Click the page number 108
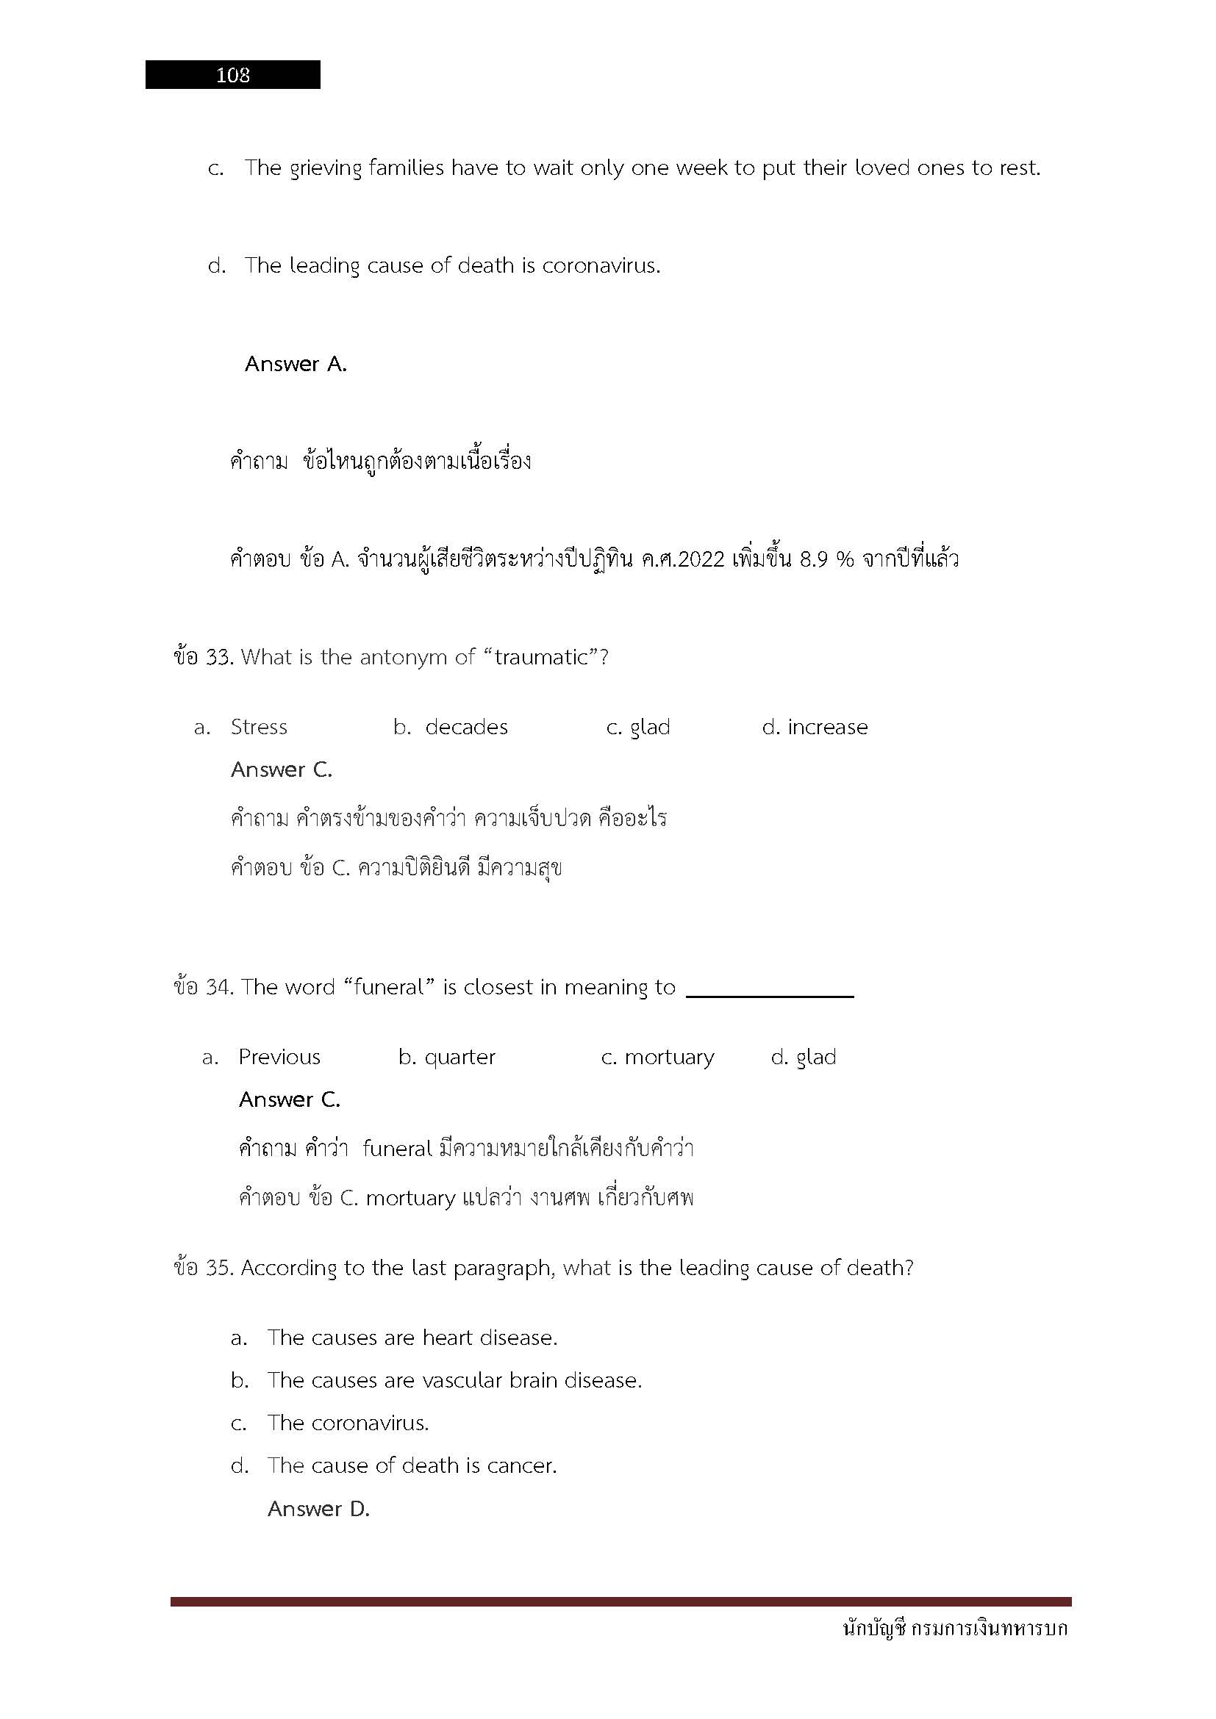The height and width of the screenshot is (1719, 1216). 233,75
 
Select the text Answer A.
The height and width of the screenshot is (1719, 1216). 296,364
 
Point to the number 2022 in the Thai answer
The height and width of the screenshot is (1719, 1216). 698,559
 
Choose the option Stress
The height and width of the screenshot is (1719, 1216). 258,727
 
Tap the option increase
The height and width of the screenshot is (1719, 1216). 827,727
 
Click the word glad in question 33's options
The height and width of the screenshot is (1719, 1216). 650,727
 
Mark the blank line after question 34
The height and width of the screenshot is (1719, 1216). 769,995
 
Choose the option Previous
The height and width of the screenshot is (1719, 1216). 279,1057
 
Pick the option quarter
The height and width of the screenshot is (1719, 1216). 459,1057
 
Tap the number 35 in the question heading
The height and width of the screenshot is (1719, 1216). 218,1268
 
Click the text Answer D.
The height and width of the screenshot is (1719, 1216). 319,1509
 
